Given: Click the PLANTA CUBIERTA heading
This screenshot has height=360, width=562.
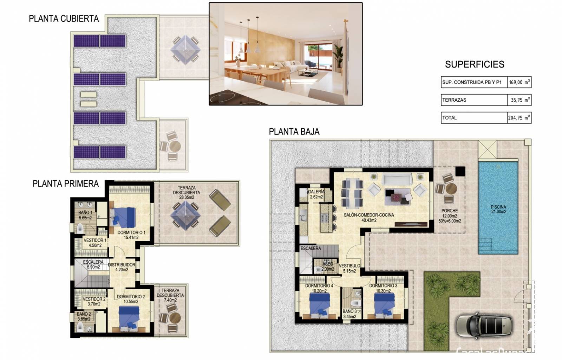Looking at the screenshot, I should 64,19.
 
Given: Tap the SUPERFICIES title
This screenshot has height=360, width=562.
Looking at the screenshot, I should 474,64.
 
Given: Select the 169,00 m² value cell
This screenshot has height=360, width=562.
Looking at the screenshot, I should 519,82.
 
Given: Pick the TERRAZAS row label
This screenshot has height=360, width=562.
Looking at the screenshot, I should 454,100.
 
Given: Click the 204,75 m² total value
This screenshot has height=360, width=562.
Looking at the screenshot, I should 519,118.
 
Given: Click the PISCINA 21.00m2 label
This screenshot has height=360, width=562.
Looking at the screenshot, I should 498,210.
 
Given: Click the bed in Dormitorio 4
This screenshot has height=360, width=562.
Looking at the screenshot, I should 320,303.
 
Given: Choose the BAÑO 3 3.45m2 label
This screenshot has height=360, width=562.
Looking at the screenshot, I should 349,314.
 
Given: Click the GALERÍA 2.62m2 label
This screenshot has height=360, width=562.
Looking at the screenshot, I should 316,194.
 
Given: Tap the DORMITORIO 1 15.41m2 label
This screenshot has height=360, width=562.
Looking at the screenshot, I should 131,235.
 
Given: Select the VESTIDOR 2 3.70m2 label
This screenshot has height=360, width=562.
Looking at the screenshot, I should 94,301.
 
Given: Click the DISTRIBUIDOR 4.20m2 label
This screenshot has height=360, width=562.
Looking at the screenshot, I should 122,267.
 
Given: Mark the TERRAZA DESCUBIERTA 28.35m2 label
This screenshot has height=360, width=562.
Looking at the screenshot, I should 186,193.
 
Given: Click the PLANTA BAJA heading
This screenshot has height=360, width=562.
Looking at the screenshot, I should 294,132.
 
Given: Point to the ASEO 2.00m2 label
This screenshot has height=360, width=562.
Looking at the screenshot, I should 327,266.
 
